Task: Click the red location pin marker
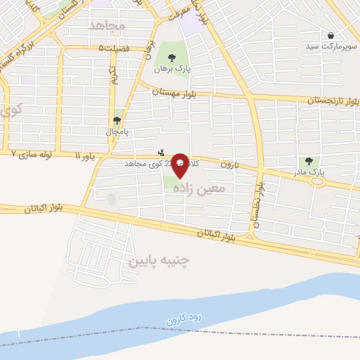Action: (180, 164)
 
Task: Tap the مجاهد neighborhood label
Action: (107, 25)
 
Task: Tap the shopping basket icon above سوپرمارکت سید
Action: (330, 35)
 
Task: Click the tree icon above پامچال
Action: (117, 120)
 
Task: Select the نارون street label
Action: (231, 164)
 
